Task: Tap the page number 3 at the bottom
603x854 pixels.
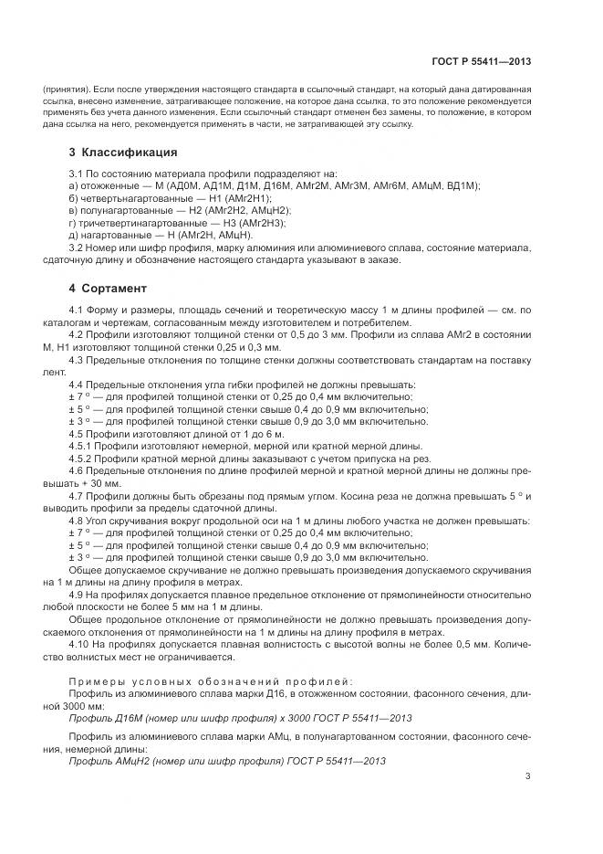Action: pos(527,776)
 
